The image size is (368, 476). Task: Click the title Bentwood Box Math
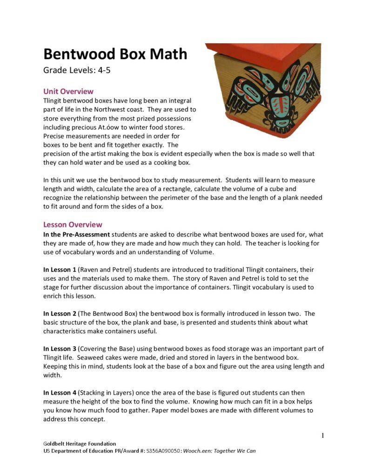click(115, 54)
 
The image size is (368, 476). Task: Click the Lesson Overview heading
click(73, 225)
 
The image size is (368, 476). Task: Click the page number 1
click(322, 436)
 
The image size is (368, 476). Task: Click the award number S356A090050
click(163, 451)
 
